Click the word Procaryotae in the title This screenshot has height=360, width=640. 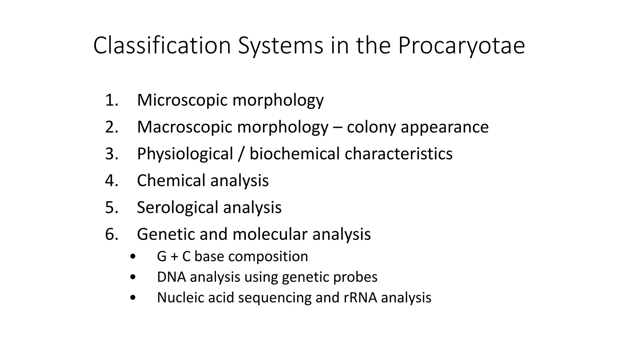tap(461, 46)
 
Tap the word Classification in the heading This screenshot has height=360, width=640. tap(162, 46)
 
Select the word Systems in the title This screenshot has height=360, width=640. tap(280, 46)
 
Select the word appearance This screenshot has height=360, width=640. tap(445, 127)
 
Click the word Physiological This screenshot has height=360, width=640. tap(185, 154)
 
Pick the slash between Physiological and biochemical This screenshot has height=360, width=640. tap(241, 154)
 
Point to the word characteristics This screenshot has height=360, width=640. tap(398, 154)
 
